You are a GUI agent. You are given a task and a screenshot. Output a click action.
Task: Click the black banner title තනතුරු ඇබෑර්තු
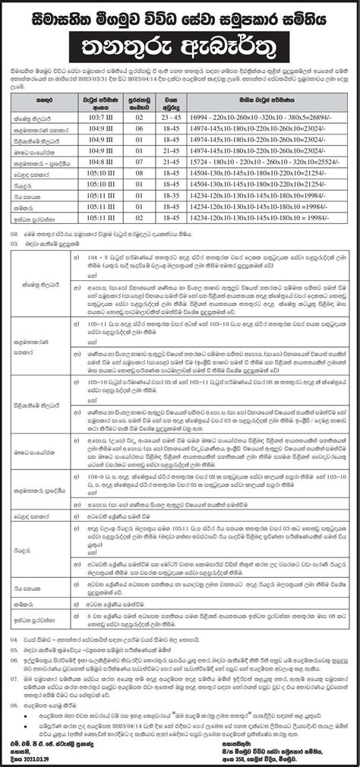point(180,40)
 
